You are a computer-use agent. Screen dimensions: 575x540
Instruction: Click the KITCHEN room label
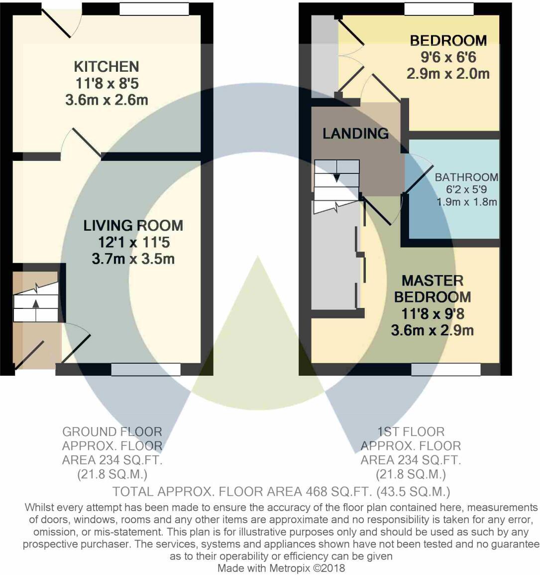(x=107, y=66)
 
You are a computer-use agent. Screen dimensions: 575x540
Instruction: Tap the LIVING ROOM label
(x=133, y=226)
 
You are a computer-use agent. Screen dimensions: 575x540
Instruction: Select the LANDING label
(x=355, y=134)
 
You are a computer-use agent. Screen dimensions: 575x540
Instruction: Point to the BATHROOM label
(x=466, y=177)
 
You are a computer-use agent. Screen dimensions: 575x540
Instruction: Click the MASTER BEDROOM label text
(x=432, y=288)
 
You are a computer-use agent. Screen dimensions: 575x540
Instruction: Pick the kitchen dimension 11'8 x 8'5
(x=107, y=83)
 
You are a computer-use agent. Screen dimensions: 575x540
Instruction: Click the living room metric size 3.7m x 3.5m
(x=133, y=259)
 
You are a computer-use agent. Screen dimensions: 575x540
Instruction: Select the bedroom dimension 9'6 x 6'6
(x=448, y=57)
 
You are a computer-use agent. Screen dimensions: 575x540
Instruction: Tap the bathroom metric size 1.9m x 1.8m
(x=467, y=202)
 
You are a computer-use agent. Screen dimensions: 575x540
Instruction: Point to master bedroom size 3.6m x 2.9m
(x=432, y=330)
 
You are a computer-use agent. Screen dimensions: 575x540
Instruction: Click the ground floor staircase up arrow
(x=35, y=303)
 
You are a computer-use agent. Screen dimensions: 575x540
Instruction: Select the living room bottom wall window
(x=145, y=369)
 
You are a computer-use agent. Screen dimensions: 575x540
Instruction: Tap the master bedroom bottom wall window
(x=446, y=369)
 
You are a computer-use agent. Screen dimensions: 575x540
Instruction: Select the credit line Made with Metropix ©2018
(x=281, y=568)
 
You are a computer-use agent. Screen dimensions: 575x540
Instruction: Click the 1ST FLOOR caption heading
(x=411, y=431)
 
